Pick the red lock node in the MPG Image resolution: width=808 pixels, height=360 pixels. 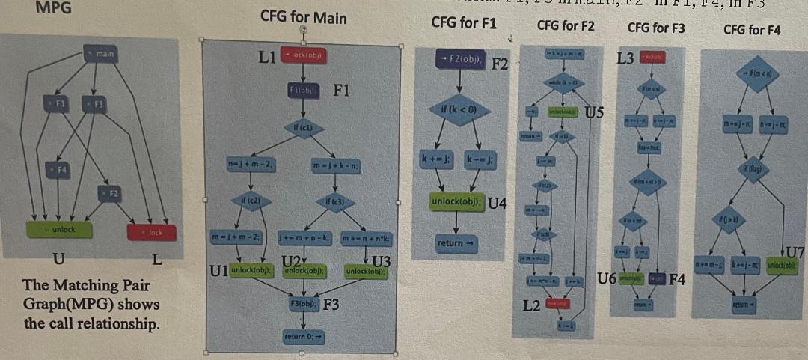click(x=153, y=233)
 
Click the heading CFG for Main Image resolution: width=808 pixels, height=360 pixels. click(x=303, y=17)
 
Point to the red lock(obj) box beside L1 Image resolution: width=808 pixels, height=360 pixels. click(x=303, y=55)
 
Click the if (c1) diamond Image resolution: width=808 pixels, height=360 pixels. click(x=303, y=129)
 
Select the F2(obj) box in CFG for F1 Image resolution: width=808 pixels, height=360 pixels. click(x=460, y=58)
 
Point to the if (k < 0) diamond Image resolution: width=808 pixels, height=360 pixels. click(x=459, y=111)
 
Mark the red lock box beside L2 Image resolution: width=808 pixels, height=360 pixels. click(x=557, y=303)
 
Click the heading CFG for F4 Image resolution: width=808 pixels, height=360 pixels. click(x=752, y=30)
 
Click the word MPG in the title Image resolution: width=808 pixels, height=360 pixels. click(x=49, y=7)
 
